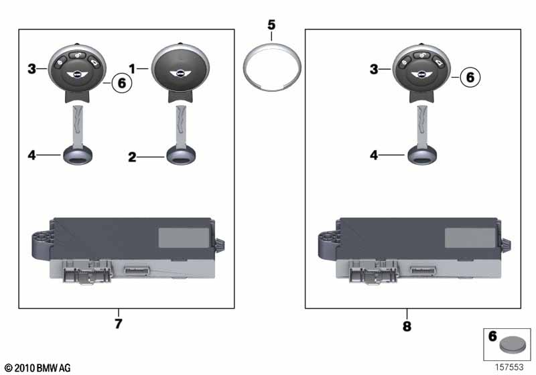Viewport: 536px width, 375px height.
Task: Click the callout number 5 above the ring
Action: pos(271,25)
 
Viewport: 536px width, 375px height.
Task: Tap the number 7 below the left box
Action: pos(119,323)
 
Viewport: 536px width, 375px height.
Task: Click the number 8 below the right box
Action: pos(407,326)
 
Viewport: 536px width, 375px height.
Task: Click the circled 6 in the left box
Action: pos(122,82)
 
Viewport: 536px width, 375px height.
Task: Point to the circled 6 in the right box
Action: pos(470,77)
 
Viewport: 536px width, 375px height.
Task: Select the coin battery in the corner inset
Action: pos(513,345)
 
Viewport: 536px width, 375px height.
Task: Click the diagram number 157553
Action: pos(509,367)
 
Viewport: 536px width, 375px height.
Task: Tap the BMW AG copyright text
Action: pos(38,368)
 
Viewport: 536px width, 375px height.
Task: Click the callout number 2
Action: pos(132,157)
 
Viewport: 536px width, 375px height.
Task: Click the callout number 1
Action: pos(132,69)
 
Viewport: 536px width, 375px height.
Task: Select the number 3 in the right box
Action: pos(374,70)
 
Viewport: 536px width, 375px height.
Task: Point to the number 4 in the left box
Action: pos(31,155)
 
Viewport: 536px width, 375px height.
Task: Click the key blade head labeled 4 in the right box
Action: pos(422,155)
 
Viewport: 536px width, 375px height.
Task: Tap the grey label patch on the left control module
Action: pos(184,238)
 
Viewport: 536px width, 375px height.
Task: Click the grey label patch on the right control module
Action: pos(470,238)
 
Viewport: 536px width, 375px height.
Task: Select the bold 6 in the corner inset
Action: pos(492,336)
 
